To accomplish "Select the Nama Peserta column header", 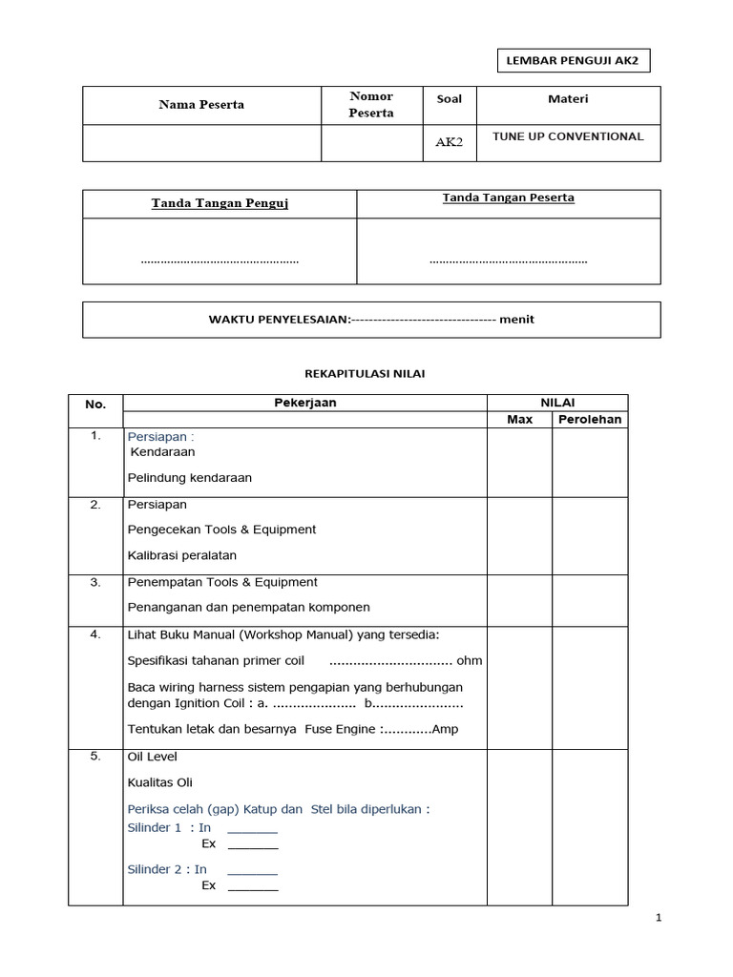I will (201, 105).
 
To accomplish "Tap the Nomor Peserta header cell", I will (371, 105).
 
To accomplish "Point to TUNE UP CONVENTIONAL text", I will (568, 136).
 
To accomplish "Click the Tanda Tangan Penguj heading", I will (220, 203).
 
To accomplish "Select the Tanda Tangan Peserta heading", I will (508, 198).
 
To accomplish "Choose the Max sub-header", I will (519, 420).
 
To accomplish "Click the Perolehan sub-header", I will (590, 420).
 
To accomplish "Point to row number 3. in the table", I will (95, 582).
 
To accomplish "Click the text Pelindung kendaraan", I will (189, 477).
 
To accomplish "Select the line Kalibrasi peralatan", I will (181, 555).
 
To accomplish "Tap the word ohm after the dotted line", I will (470, 660).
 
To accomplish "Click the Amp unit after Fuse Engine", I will (445, 730).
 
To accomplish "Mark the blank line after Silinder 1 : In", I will (252, 828).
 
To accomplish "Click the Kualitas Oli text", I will (159, 783).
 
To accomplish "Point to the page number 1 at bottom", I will (659, 918).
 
